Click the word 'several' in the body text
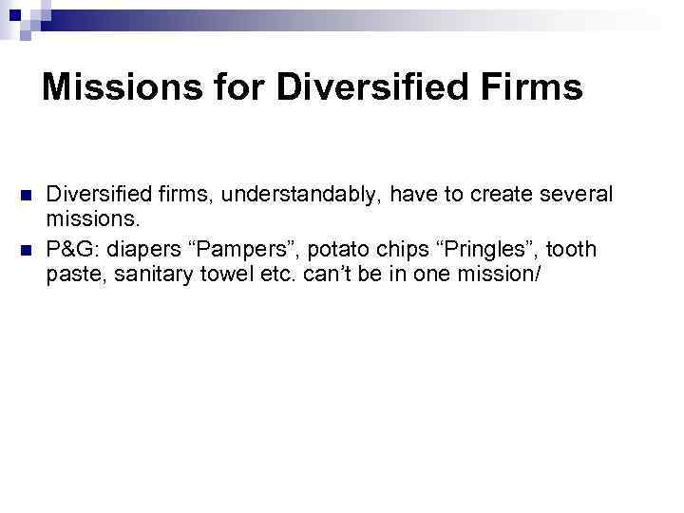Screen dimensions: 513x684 click(x=575, y=195)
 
